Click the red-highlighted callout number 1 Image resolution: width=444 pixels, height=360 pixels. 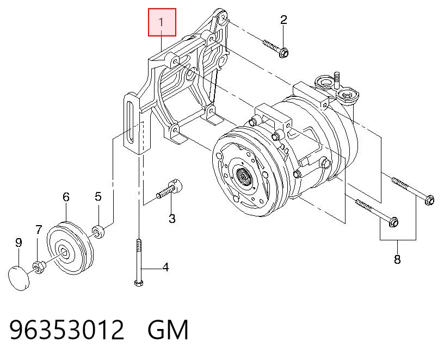click(162, 22)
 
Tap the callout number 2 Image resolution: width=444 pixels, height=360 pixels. click(283, 20)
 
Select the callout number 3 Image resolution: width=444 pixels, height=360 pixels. click(172, 219)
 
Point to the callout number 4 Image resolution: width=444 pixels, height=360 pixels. click(165, 267)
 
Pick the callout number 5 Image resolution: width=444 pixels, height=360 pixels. click(98, 196)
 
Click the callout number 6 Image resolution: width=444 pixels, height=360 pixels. click(66, 197)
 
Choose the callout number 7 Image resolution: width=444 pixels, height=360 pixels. click(39, 229)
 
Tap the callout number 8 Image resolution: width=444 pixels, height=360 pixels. click(397, 259)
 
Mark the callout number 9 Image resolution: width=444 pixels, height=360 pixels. click(18, 243)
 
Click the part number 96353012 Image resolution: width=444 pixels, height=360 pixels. click(67, 330)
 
